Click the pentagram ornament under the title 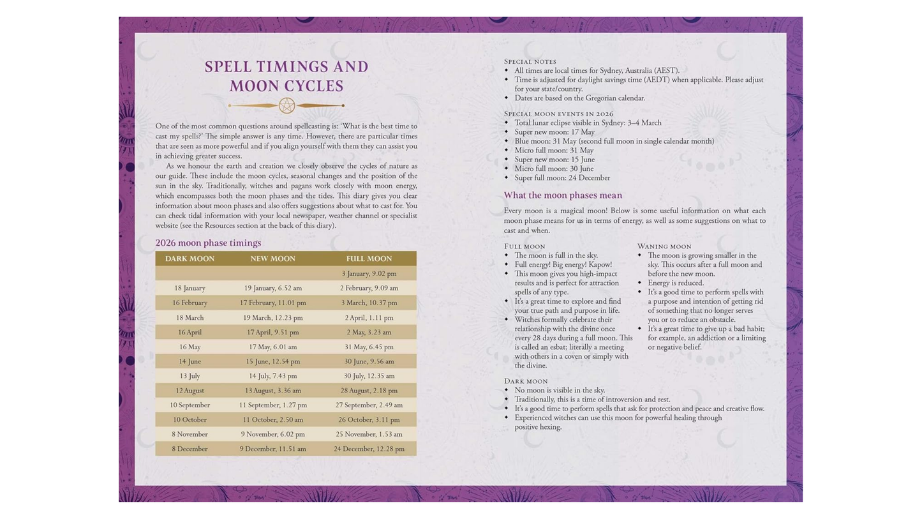coord(286,105)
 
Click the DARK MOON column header coord(190,259)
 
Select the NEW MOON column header coord(272,259)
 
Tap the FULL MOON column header coord(369,259)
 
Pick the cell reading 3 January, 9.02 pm coord(369,274)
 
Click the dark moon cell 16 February coord(190,303)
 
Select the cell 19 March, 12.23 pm coord(272,317)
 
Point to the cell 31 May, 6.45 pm coord(369,347)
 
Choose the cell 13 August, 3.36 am coord(272,391)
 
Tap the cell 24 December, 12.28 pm coord(369,449)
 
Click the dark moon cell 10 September coord(190,405)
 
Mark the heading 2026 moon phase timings coord(208,243)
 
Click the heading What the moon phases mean coord(562,195)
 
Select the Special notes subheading coord(530,61)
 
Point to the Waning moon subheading coord(664,246)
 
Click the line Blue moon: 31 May coord(614,141)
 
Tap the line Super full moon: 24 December coord(561,178)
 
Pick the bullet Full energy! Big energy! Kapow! coord(563,264)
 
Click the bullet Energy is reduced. coord(675,283)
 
